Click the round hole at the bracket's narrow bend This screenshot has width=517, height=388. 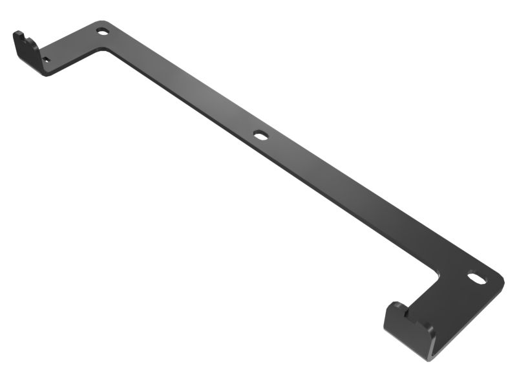click(x=102, y=30)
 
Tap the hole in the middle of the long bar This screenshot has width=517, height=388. click(x=260, y=135)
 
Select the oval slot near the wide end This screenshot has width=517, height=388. click(x=477, y=278)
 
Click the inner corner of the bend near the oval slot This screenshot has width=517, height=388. click(x=440, y=276)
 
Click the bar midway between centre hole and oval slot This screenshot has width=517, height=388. click(x=368, y=207)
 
